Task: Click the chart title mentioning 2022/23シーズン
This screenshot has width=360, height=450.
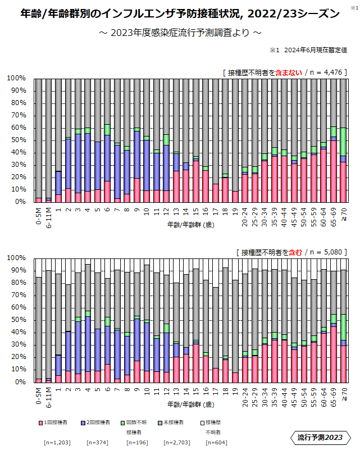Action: tap(180, 12)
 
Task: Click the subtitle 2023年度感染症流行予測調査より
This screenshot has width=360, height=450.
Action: tap(180, 33)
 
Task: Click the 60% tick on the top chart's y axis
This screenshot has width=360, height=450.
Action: tap(17, 128)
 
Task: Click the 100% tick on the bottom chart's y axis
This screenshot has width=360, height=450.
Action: tap(17, 258)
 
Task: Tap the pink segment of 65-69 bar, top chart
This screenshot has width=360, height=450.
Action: tap(334, 171)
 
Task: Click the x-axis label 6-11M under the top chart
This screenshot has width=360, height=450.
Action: tap(48, 214)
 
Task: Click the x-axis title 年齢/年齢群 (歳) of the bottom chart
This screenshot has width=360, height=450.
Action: tap(191, 404)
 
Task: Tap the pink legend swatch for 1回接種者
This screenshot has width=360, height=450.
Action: tap(40, 422)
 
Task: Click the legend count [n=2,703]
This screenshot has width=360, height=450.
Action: tap(176, 442)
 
